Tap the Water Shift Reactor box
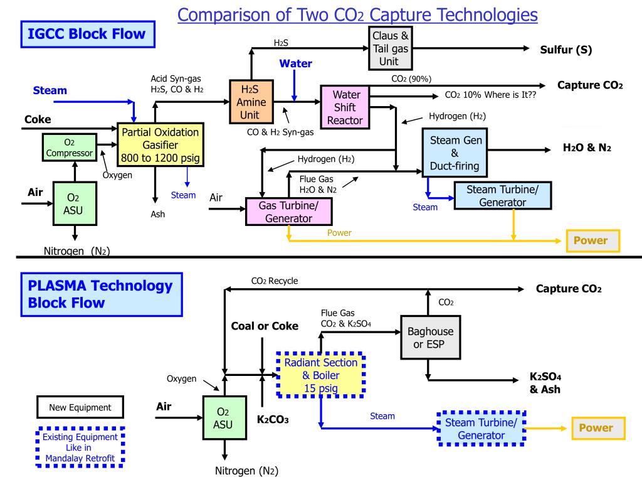point(345,107)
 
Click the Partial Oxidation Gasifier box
point(161,145)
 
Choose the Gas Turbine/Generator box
point(288,212)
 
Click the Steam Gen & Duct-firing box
point(455,153)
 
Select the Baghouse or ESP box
point(430,338)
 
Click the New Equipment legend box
point(80,407)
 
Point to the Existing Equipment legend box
point(80,447)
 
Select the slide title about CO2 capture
point(358,14)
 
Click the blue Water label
point(295,63)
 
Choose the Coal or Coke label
point(265,326)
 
